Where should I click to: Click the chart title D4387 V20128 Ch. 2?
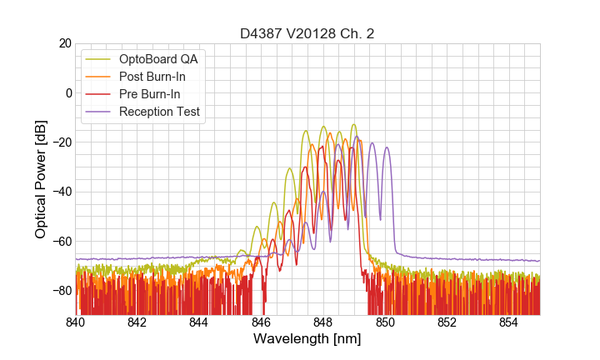point(307,34)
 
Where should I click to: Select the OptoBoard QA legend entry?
point(159,59)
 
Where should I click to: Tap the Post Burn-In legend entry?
point(152,77)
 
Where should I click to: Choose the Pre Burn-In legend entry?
point(150,94)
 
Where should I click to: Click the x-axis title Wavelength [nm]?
point(307,340)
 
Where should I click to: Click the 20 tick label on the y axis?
point(63,43)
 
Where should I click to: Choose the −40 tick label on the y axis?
point(60,192)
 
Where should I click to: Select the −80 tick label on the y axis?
point(60,291)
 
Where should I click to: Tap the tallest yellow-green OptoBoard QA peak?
point(353,125)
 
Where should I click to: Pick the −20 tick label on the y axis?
point(60,142)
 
